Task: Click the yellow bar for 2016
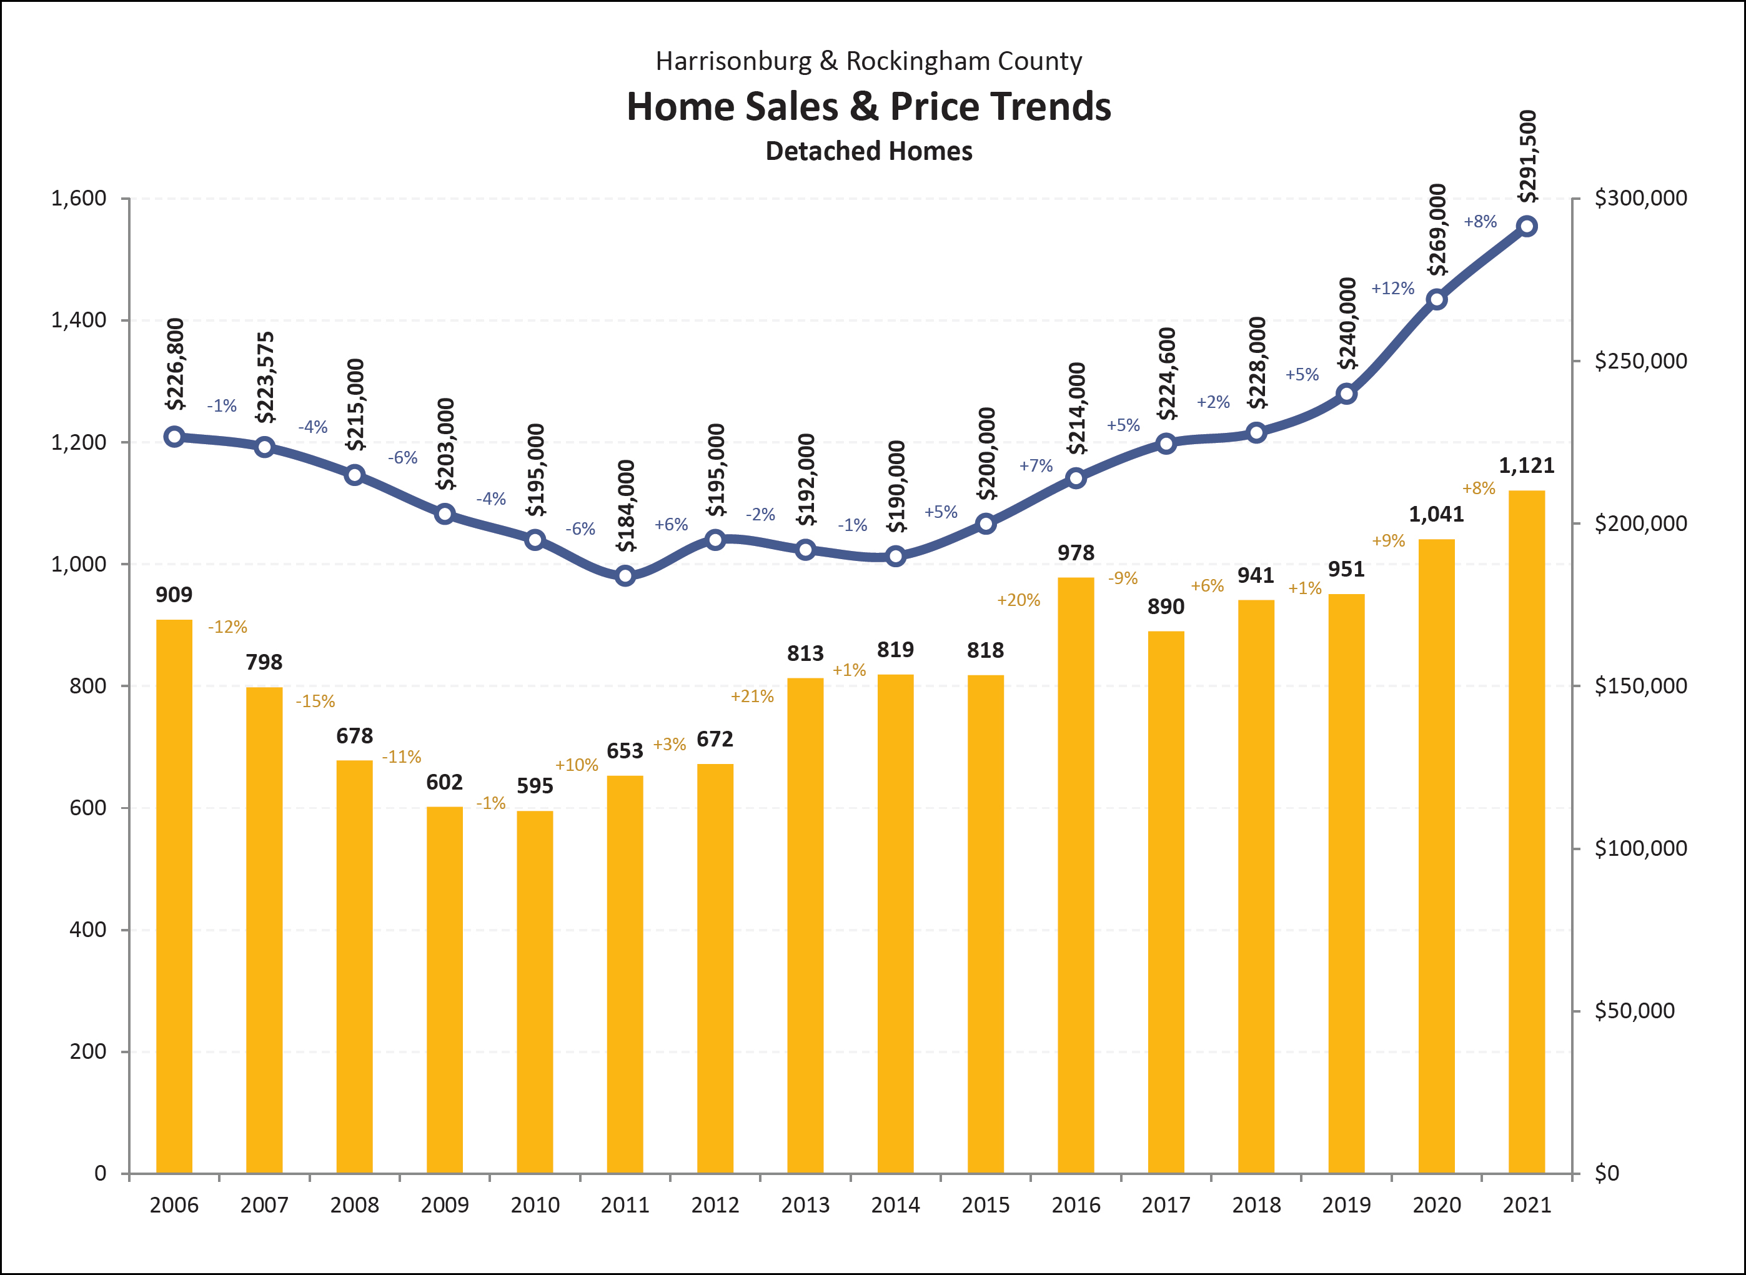pyautogui.click(x=1075, y=875)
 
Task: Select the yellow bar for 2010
pyautogui.click(x=535, y=992)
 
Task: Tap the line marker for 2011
pyautogui.click(x=625, y=576)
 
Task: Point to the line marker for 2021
pyautogui.click(x=1526, y=226)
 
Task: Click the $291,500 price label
pyautogui.click(x=1527, y=157)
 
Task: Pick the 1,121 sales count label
pyautogui.click(x=1526, y=465)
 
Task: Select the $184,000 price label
pyautogui.click(x=626, y=505)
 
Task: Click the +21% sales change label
pyautogui.click(x=752, y=696)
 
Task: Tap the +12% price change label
pyautogui.click(x=1392, y=289)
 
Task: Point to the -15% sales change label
pyautogui.click(x=315, y=702)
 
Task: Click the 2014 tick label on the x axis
pyautogui.click(x=895, y=1205)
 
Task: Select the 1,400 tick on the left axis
pyautogui.click(x=79, y=320)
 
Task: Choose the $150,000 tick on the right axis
pyautogui.click(x=1641, y=685)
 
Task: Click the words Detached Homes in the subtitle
pyautogui.click(x=868, y=151)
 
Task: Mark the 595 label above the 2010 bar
pyautogui.click(x=535, y=786)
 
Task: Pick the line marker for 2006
pyautogui.click(x=174, y=437)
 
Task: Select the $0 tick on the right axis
pyautogui.click(x=1607, y=1173)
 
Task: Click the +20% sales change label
pyautogui.click(x=1018, y=600)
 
